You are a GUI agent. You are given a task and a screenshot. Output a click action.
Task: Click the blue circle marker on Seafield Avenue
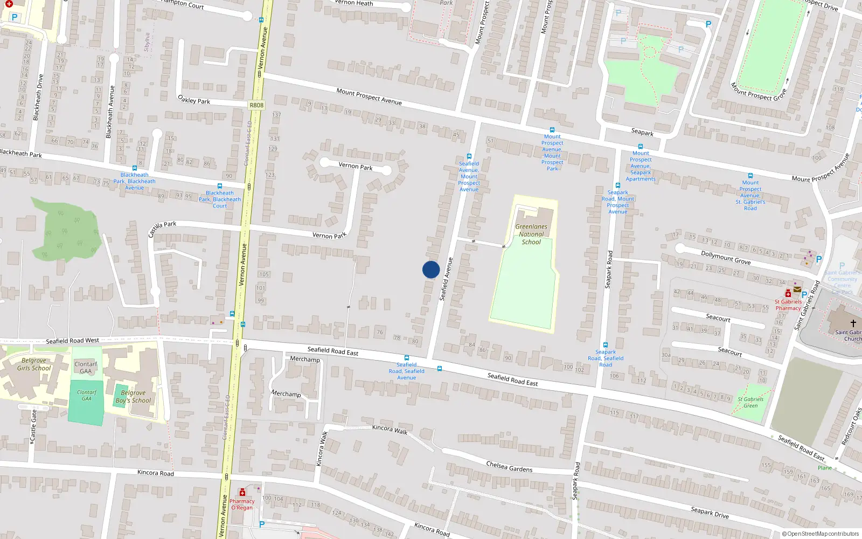(431, 269)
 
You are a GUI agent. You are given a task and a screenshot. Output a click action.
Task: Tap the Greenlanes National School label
(531, 234)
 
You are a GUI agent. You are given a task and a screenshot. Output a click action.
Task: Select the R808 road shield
(256, 105)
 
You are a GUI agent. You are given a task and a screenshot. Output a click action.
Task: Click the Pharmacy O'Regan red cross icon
(242, 492)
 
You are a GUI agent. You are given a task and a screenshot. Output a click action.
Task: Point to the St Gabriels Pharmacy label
(788, 305)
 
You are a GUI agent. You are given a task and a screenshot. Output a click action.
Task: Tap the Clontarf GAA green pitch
(86, 402)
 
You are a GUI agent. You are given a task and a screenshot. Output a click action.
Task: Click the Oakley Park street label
(194, 100)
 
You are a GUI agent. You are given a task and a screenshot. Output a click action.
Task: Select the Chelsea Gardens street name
(509, 467)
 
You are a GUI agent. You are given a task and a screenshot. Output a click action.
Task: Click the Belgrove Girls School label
(34, 364)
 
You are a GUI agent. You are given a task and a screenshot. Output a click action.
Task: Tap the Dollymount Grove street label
(726, 258)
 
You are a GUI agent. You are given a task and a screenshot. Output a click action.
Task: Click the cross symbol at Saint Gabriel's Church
(853, 323)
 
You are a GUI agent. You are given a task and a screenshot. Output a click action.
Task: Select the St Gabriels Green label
(750, 402)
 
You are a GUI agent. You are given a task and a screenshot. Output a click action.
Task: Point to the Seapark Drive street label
(710, 512)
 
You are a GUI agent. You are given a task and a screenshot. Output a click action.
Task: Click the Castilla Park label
(162, 229)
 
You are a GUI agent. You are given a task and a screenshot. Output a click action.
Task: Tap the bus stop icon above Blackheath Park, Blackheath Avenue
(135, 168)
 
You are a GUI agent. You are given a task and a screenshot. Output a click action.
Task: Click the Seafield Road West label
(72, 341)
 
